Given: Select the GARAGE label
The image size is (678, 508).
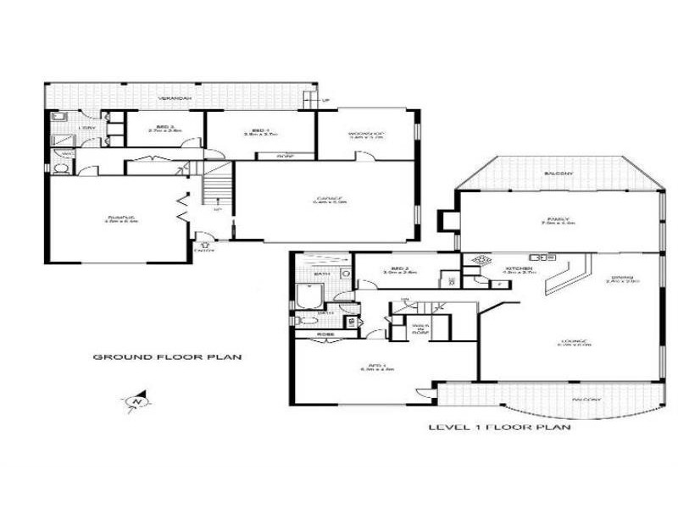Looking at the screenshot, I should [x=325, y=201].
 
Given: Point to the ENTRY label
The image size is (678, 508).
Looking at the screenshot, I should [x=204, y=250].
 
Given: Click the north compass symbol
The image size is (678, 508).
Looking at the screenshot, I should [x=135, y=400].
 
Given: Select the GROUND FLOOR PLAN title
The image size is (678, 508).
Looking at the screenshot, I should [x=167, y=357].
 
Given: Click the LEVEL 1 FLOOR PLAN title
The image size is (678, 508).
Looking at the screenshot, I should [x=498, y=428].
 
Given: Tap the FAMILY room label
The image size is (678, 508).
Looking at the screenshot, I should [x=559, y=220].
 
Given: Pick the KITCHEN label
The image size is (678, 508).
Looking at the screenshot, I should [x=517, y=269].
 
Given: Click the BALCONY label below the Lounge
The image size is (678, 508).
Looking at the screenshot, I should [x=586, y=399].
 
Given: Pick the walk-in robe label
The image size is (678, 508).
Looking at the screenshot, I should [x=420, y=329].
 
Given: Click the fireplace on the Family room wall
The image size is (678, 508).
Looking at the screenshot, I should [x=447, y=219].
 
